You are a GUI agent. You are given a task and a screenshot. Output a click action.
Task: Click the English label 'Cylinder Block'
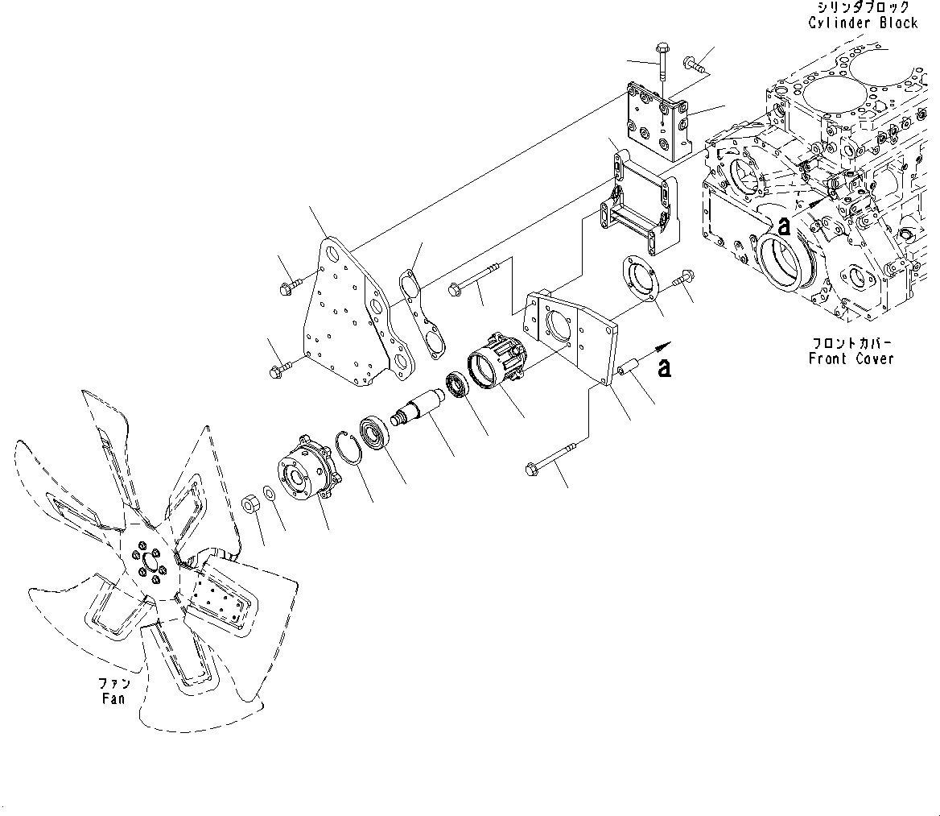click(863, 23)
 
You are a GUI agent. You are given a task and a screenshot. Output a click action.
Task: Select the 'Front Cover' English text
click(851, 358)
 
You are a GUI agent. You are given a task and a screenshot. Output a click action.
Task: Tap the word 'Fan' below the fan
click(113, 698)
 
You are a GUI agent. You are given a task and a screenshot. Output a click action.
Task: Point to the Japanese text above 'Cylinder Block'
click(863, 7)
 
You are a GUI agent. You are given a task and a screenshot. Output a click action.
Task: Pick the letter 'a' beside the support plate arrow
click(664, 368)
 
